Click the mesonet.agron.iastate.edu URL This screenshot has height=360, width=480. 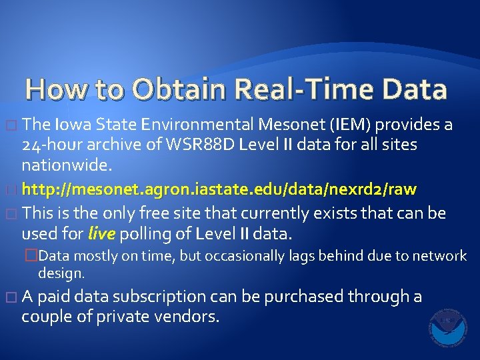pyautogui.click(x=219, y=189)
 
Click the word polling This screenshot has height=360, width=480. pyautogui.click(x=142, y=234)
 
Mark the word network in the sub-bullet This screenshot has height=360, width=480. pyautogui.click(x=438, y=255)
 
